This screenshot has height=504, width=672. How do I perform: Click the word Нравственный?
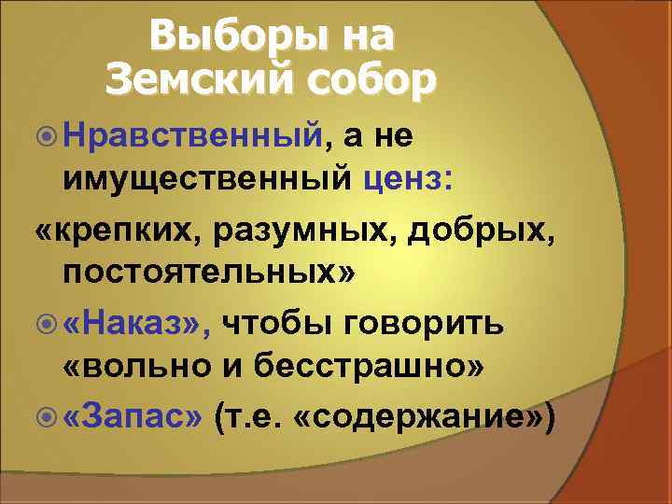pos(197,136)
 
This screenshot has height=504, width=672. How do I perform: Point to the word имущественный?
pos(207,179)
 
